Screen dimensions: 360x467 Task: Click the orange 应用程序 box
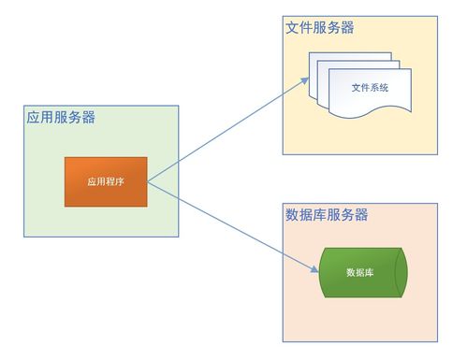(106, 181)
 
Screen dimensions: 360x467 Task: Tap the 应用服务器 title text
(60, 118)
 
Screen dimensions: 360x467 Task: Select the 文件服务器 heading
(319, 28)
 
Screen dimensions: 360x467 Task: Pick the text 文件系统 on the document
(370, 88)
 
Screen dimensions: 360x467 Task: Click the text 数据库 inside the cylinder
(360, 273)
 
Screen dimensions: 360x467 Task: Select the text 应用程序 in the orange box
(106, 181)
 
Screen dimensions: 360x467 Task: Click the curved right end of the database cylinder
(401, 273)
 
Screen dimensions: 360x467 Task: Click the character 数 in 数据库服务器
(291, 215)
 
